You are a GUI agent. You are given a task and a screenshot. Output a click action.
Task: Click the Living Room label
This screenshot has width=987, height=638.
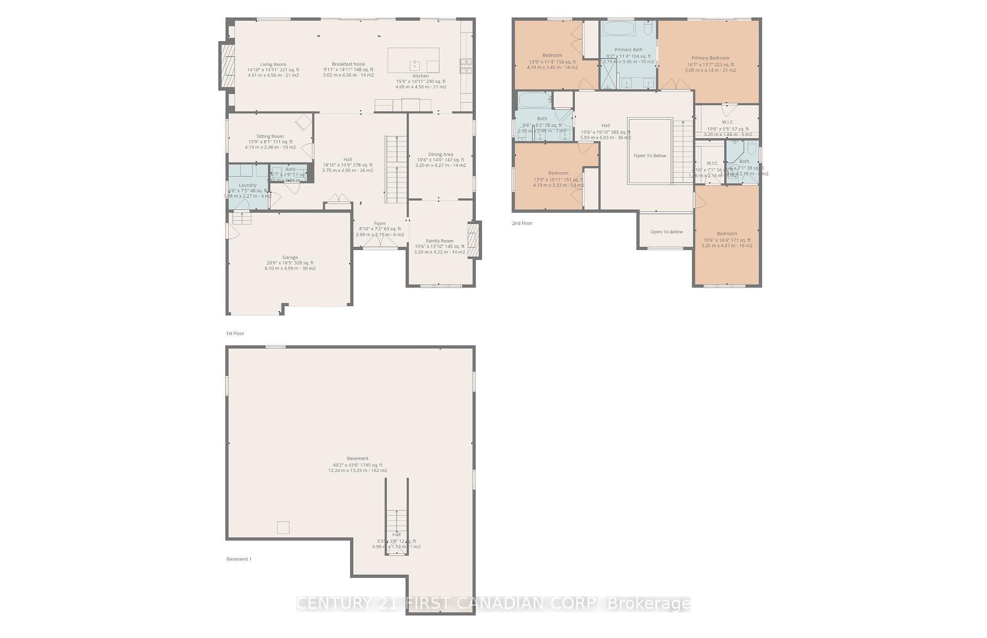click(273, 65)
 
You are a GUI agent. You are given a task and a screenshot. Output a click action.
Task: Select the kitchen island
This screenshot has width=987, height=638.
click(413, 60)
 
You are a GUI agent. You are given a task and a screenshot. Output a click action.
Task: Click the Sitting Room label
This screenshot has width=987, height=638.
click(270, 137)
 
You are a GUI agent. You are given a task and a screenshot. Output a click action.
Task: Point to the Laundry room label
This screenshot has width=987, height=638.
click(247, 185)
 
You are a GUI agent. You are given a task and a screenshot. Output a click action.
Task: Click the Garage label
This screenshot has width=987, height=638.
click(290, 258)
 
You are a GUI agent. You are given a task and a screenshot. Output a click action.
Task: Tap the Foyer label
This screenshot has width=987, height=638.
click(380, 224)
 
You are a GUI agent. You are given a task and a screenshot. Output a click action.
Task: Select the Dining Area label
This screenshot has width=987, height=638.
click(441, 155)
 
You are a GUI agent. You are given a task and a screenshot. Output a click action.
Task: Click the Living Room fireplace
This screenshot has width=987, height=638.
click(227, 66)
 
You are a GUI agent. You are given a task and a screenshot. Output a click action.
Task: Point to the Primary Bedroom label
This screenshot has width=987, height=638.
click(710, 59)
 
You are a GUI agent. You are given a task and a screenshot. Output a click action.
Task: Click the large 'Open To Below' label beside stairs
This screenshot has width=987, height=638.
click(650, 156)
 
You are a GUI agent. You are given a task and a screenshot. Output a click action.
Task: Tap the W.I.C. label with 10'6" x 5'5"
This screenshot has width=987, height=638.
click(727, 122)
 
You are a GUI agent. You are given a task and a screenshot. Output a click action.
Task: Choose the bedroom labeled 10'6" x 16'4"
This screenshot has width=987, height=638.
click(727, 234)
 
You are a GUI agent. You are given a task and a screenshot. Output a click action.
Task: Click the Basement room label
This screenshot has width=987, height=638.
click(358, 459)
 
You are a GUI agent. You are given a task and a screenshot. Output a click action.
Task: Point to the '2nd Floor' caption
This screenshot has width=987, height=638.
click(522, 223)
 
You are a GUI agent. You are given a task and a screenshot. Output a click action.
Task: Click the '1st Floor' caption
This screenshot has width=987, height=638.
click(235, 333)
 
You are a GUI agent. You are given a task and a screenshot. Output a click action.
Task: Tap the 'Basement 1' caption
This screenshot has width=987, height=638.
click(239, 559)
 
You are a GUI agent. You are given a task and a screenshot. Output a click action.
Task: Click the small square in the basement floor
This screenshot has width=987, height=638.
click(283, 528)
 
